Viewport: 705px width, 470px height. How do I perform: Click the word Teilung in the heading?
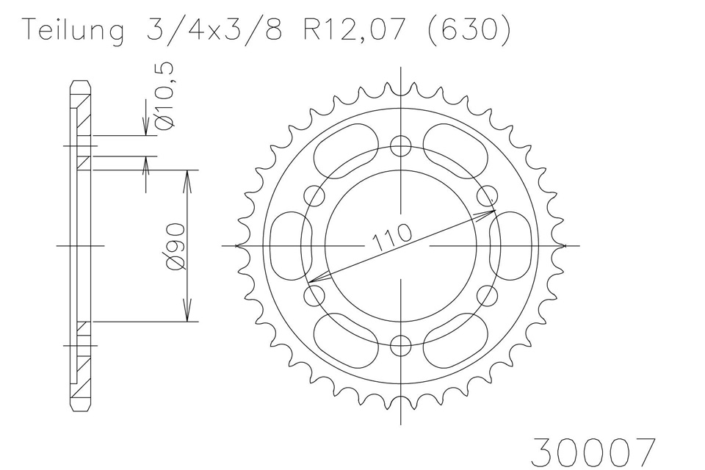pos(75,32)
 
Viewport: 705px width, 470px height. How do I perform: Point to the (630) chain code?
pos(469,30)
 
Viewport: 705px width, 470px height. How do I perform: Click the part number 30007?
pos(593,452)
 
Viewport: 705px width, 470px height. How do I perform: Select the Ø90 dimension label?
pos(176,247)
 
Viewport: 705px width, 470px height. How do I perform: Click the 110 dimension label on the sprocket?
pos(391,236)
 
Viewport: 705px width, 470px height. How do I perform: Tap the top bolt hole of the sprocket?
pos(401,145)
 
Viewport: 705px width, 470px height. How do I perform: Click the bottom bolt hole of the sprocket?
pos(401,346)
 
